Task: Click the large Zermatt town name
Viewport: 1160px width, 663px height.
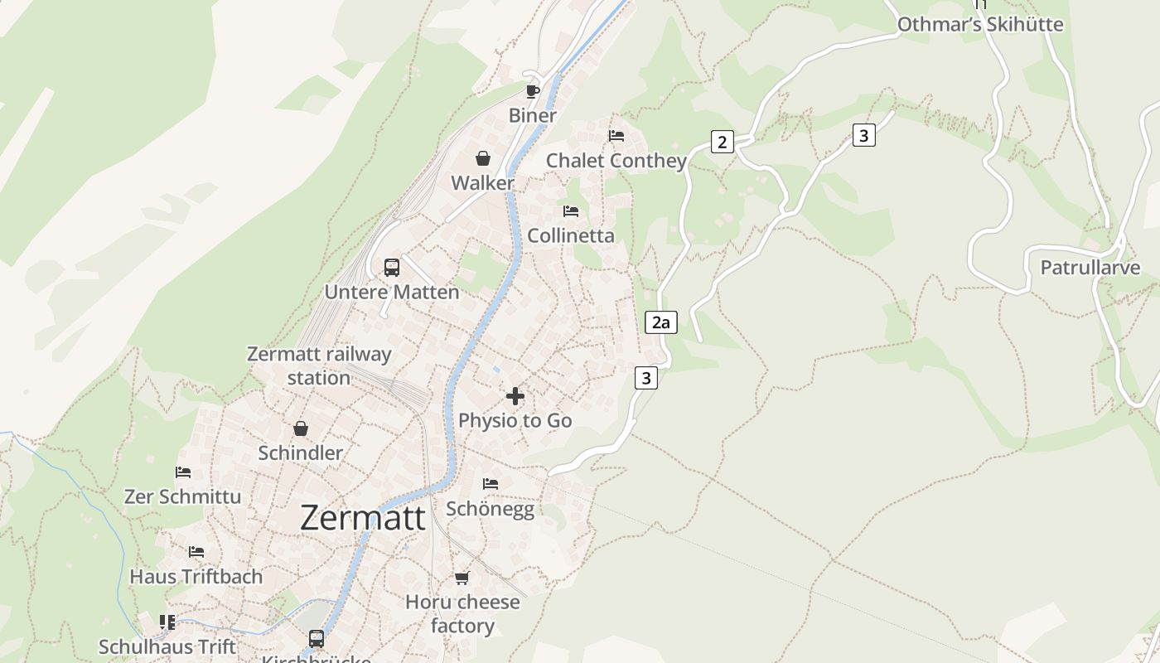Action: pos(363,518)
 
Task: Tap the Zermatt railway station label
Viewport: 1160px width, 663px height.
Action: pos(319,365)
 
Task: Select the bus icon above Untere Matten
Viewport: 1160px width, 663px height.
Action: pos(392,268)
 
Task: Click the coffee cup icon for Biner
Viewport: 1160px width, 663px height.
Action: pos(532,91)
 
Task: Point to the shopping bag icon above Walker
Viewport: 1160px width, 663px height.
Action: pos(483,158)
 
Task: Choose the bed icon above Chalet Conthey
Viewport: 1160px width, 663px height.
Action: pos(616,136)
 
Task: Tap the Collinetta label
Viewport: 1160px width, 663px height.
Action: pos(571,235)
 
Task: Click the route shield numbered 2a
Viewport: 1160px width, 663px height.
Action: pos(660,322)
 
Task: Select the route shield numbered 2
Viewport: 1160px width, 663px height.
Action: pos(722,142)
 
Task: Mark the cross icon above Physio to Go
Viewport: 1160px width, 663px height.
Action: pos(515,396)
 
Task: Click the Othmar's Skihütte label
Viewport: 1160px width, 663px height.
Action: pos(980,24)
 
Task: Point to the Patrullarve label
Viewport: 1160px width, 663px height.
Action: pos(1090,268)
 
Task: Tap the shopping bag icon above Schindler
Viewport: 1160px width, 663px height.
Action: pos(301,428)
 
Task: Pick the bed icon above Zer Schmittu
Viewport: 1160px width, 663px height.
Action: pos(183,472)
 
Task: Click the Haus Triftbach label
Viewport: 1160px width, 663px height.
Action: pos(196,576)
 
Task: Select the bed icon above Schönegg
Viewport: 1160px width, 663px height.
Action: pos(491,483)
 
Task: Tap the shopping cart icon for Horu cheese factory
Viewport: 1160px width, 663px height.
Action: pos(462,578)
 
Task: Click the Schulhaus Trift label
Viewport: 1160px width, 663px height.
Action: pos(167,646)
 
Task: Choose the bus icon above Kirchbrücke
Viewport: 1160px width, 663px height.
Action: pos(317,639)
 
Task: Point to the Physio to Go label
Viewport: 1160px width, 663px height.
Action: pos(515,420)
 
